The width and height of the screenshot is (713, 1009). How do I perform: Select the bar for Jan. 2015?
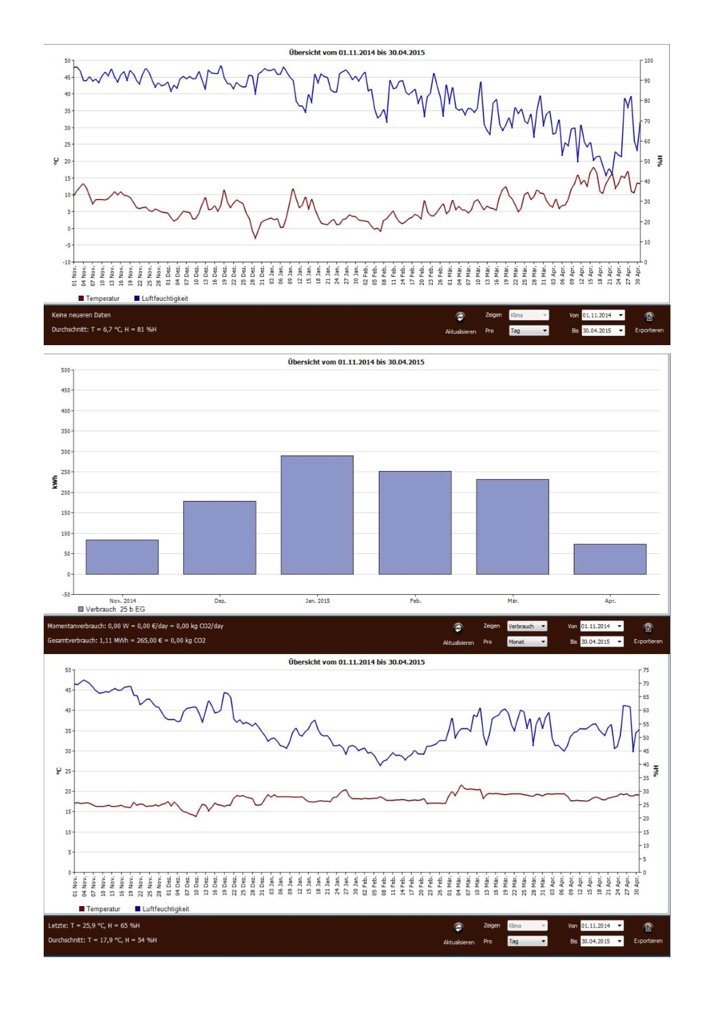(x=317, y=515)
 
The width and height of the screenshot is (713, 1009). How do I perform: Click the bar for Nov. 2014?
(x=122, y=557)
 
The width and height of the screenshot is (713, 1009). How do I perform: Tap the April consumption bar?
(x=609, y=559)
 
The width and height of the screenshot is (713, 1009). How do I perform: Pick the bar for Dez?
(x=220, y=537)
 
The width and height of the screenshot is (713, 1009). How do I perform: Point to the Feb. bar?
(x=415, y=522)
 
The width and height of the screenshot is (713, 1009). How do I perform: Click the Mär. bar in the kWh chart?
(x=512, y=526)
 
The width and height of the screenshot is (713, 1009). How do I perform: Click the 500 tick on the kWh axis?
(x=66, y=370)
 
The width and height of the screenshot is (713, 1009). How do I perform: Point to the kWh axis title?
(x=55, y=482)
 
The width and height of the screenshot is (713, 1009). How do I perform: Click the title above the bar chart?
(x=356, y=362)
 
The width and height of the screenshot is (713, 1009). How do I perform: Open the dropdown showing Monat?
(x=527, y=641)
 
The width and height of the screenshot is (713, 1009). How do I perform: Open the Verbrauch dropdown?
(x=527, y=626)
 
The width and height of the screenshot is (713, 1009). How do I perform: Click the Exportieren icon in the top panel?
(x=649, y=317)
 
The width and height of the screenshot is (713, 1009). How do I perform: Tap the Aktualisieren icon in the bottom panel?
(x=458, y=927)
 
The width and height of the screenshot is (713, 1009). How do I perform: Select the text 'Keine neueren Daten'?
(x=81, y=315)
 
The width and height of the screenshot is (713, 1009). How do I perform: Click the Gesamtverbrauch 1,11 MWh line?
(x=126, y=640)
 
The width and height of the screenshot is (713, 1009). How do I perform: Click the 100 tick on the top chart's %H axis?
(x=649, y=61)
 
